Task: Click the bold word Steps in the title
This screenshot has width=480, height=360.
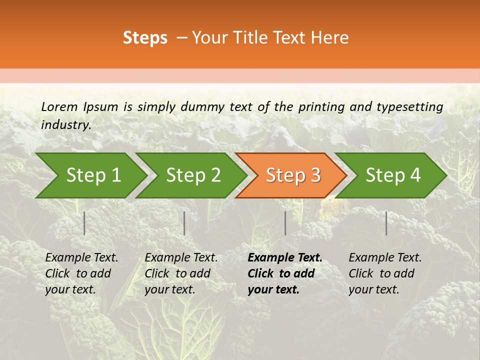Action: click(145, 38)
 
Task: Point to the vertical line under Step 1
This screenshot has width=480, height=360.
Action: click(84, 223)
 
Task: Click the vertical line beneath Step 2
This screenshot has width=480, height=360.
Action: click(184, 223)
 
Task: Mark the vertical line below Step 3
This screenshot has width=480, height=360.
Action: click(285, 223)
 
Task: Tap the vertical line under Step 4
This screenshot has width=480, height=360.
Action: click(386, 223)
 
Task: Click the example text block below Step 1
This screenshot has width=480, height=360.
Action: click(81, 273)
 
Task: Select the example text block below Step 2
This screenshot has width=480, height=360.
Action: click(181, 273)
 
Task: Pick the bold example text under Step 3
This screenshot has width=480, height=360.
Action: click(285, 273)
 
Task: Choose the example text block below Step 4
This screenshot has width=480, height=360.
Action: click(385, 273)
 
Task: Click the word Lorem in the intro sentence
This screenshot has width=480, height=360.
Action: click(59, 106)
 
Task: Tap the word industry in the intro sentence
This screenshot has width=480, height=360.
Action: click(65, 124)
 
